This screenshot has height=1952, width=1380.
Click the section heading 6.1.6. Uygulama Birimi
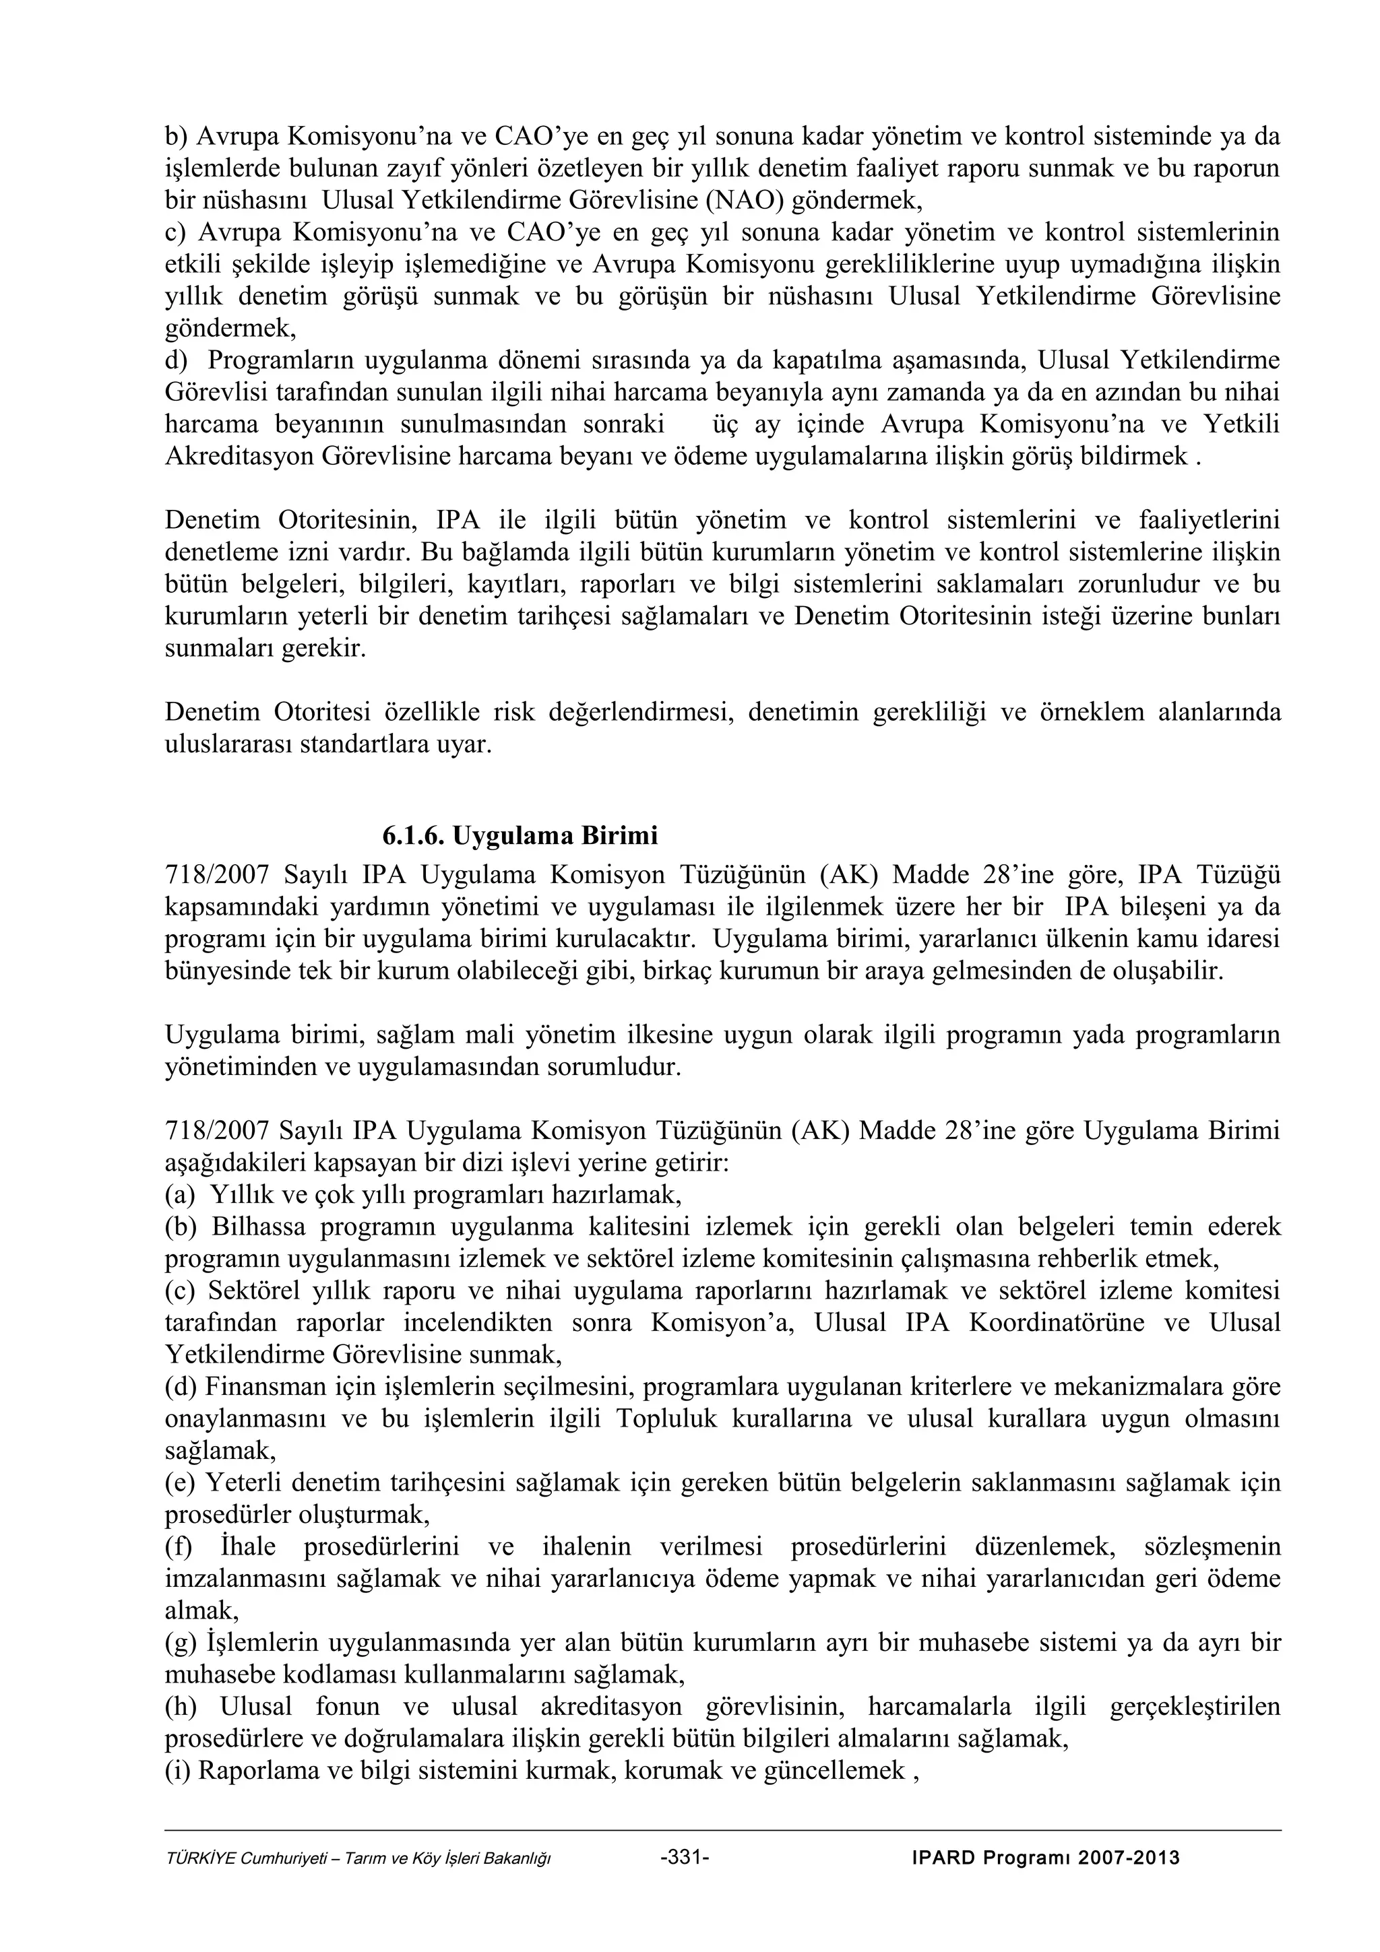[520, 836]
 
